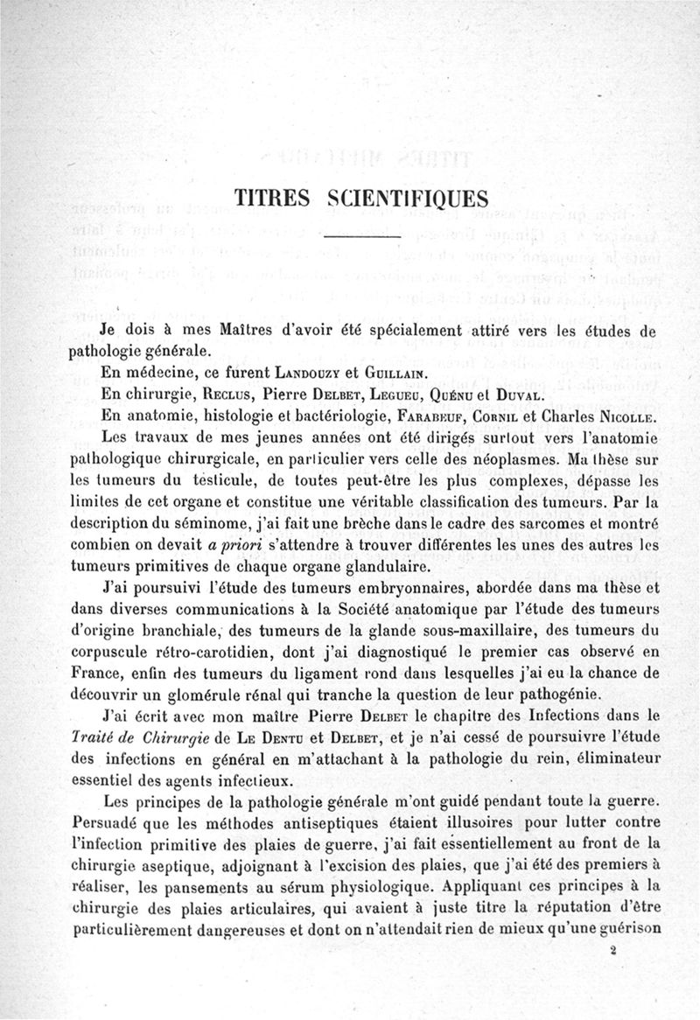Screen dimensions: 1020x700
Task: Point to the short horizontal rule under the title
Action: (362, 236)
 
